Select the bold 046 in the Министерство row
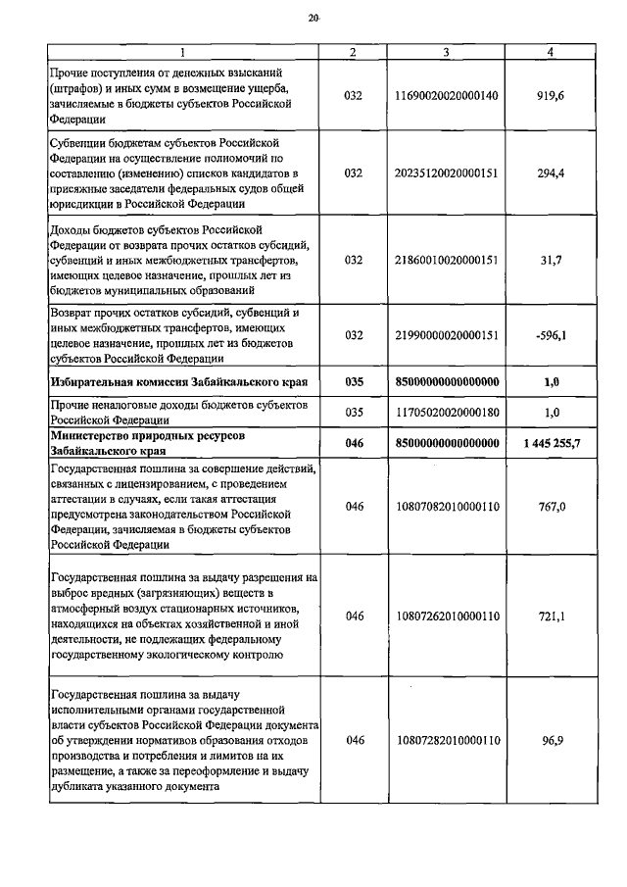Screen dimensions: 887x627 [x=355, y=444]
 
